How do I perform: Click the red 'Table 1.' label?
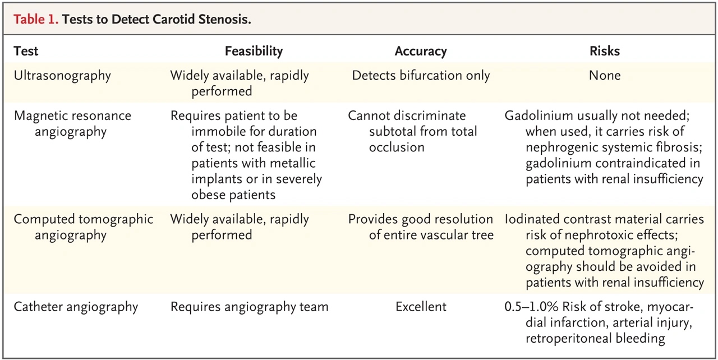tap(35, 20)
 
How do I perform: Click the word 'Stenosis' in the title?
tap(224, 20)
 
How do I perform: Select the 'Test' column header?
tap(26, 51)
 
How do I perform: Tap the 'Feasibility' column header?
tap(254, 51)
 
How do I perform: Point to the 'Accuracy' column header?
tap(421, 51)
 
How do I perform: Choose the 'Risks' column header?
tap(605, 51)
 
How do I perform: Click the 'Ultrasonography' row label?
tap(62, 76)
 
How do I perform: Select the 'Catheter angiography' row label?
tap(76, 307)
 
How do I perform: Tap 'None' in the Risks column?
tap(605, 75)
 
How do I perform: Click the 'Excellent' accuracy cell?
tap(421, 307)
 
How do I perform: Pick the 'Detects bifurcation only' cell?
tap(421, 76)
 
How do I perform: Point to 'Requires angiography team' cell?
tap(250, 307)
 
